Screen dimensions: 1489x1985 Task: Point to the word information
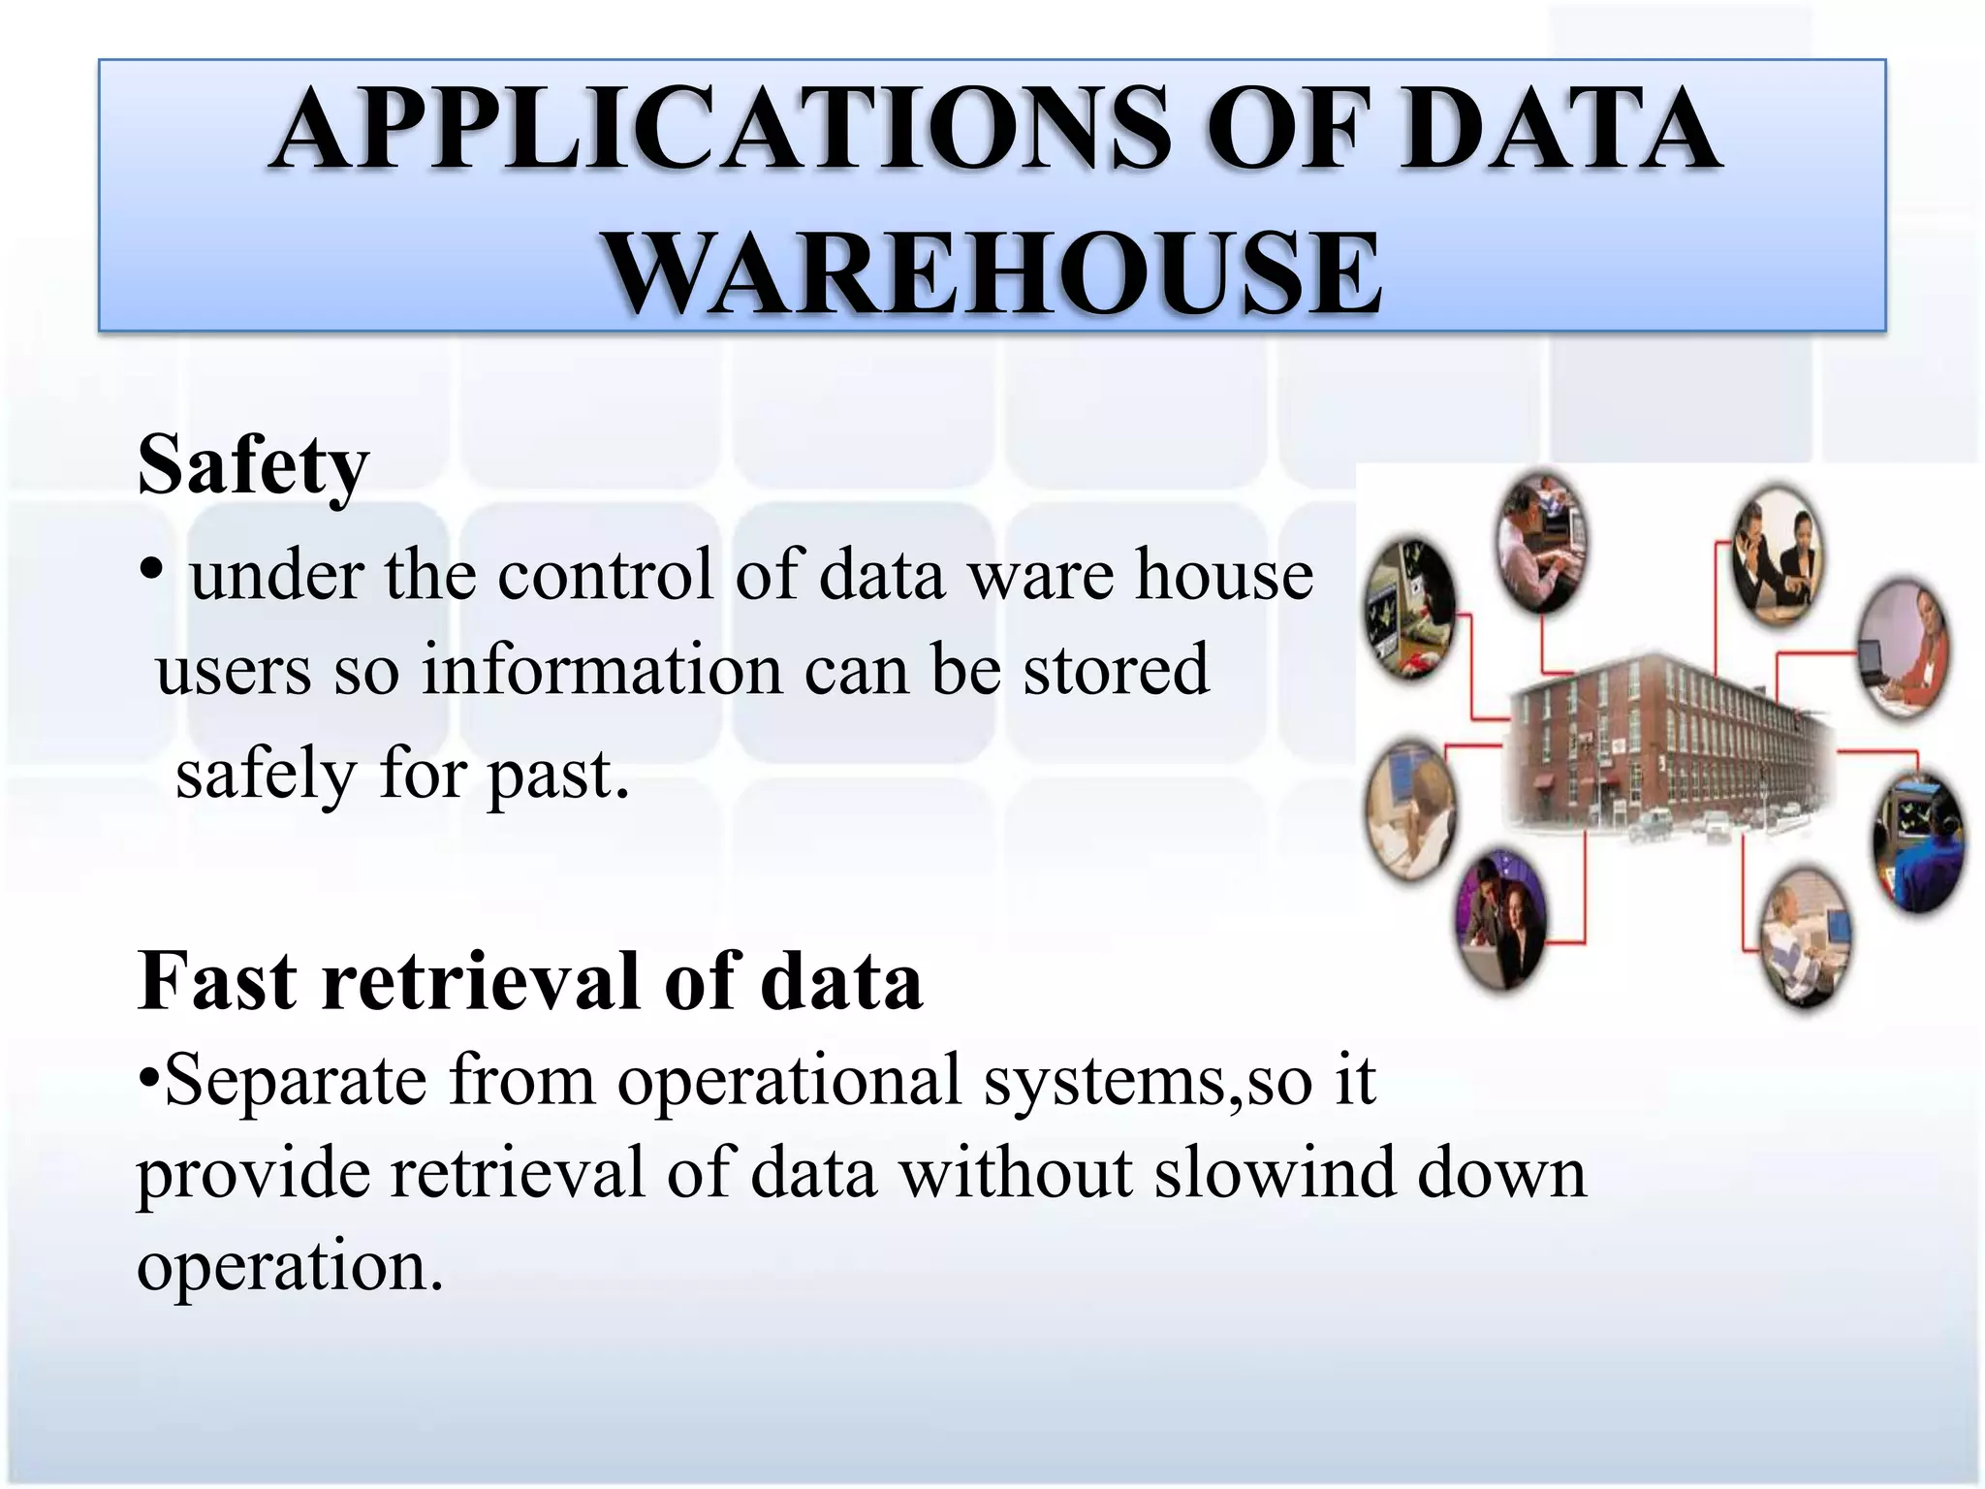click(602, 670)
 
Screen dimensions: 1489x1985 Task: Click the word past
click(558, 776)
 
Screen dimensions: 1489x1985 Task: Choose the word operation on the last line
click(288, 1266)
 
